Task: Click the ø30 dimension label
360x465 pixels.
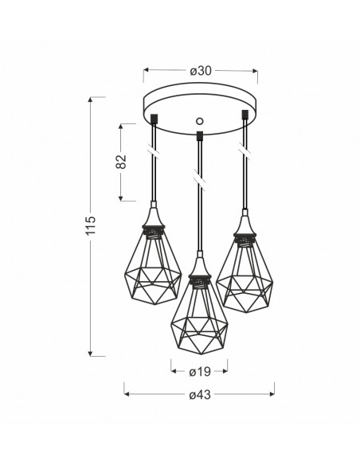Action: pos(201,71)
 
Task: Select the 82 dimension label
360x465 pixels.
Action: pos(121,162)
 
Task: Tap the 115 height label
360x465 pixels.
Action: pos(91,225)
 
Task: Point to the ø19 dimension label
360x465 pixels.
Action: pos(200,372)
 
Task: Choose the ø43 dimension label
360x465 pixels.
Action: pos(200,395)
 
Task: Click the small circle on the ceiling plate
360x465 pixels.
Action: pos(200,121)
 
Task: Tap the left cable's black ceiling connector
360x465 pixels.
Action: pos(155,119)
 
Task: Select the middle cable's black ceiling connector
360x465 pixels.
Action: pos(200,136)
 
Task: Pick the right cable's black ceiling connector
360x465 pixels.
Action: pos(245,115)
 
